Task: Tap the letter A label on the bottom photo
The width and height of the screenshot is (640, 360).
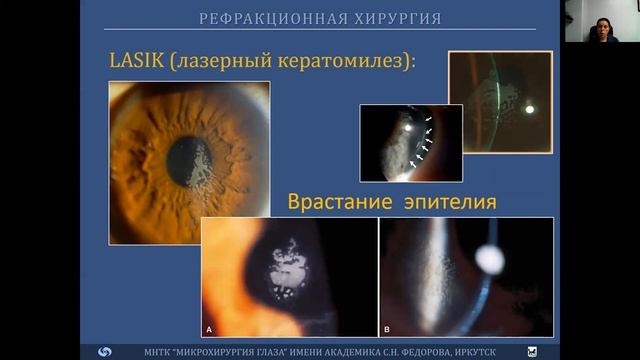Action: point(209,328)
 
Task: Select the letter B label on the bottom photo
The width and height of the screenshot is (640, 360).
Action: point(387,328)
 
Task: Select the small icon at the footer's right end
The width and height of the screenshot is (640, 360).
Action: point(532,352)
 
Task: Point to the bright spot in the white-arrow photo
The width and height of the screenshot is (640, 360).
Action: point(410,127)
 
